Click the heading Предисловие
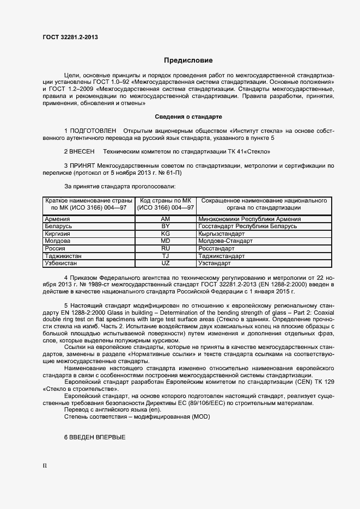(x=188, y=60)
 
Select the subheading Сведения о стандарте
(x=188, y=116)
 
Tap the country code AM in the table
(x=166, y=219)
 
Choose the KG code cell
(x=166, y=233)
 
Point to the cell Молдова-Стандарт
(x=225, y=241)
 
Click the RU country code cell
(x=166, y=248)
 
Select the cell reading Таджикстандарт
(x=221, y=255)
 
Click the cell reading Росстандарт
(x=216, y=248)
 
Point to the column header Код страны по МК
(x=166, y=201)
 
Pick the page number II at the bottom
(x=45, y=466)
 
